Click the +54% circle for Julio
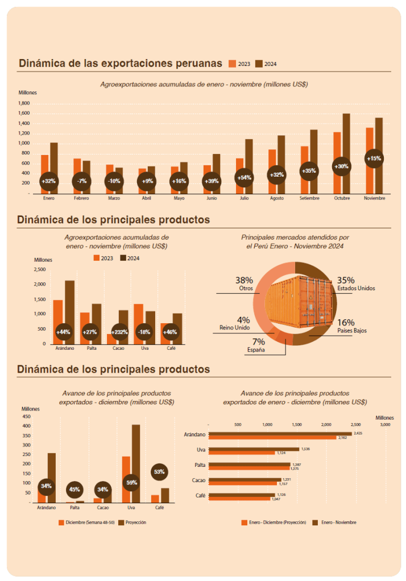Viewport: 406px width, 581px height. coord(244,178)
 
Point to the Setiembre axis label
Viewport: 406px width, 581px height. coord(309,198)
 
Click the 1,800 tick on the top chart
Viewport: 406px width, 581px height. coord(24,103)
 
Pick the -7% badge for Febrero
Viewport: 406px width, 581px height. coord(81,181)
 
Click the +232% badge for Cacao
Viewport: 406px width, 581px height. coord(119,332)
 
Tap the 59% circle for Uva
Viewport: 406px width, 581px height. coord(131,483)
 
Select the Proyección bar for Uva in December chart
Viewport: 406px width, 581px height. coord(135,463)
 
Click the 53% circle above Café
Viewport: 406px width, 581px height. coord(159,471)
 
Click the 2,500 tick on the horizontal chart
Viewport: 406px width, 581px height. coord(355,424)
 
